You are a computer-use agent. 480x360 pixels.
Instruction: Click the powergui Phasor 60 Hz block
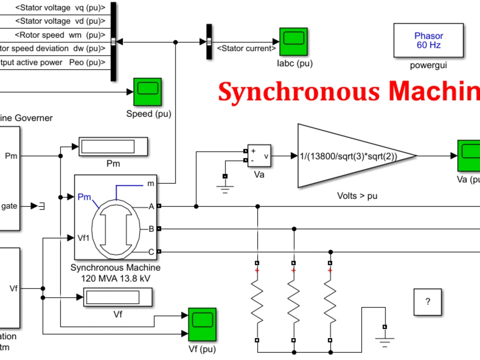click(x=428, y=41)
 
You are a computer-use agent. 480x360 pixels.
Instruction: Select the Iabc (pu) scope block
click(x=293, y=41)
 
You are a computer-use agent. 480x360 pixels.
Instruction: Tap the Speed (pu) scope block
click(x=147, y=92)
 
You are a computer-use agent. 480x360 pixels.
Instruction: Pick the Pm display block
click(x=113, y=147)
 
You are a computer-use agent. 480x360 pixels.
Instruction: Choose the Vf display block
click(x=118, y=297)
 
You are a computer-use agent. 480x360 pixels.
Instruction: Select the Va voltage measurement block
click(x=259, y=156)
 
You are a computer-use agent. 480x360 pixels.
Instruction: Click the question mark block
click(x=428, y=302)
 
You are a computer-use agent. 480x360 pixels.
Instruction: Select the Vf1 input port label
click(x=84, y=238)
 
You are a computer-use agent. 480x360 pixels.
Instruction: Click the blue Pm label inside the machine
click(x=84, y=197)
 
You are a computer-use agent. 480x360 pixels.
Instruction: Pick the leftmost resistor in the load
click(x=257, y=302)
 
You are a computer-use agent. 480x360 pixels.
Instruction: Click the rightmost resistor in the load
click(x=330, y=302)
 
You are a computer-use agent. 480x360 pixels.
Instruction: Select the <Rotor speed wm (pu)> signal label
click(x=60, y=35)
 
